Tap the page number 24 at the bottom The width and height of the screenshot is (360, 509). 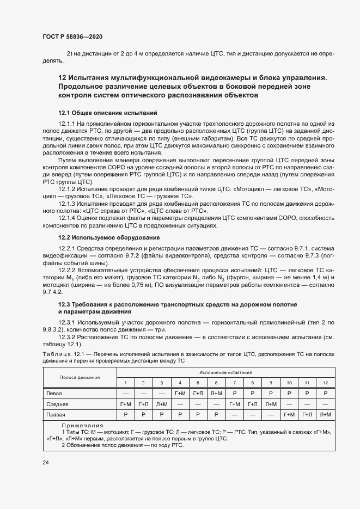[46, 463]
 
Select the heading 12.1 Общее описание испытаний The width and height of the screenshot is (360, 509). [107, 113]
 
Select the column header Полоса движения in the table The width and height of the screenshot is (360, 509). [79, 377]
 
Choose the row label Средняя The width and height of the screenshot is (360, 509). [57, 404]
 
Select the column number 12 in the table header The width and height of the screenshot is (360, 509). [326, 383]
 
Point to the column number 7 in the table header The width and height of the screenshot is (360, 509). [235, 383]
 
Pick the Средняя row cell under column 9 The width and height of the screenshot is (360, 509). [271, 404]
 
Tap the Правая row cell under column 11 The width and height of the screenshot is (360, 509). [307, 415]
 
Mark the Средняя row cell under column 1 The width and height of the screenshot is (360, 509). [126, 404]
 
